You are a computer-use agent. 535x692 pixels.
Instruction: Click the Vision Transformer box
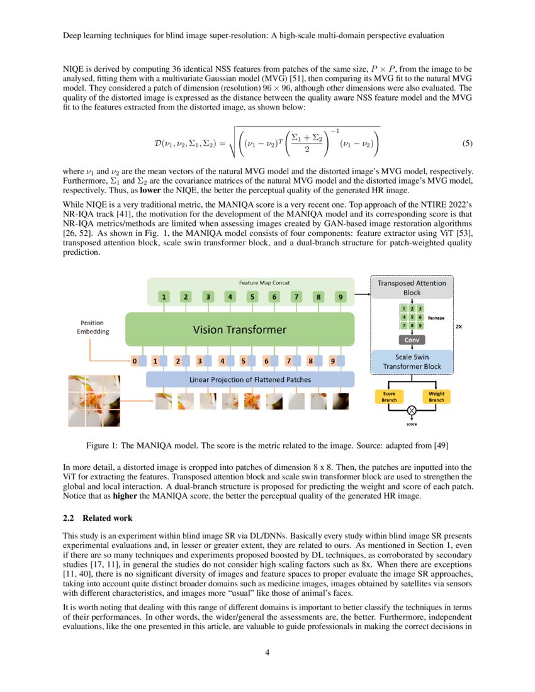tap(239, 330)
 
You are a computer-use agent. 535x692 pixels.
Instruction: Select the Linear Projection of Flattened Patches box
tap(250, 379)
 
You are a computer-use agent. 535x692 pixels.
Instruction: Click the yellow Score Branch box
tap(390, 396)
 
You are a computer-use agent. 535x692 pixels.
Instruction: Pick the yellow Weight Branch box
tap(436, 396)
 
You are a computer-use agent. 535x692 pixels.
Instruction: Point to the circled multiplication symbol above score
tap(412, 410)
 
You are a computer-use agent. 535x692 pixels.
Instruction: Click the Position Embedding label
tap(93, 327)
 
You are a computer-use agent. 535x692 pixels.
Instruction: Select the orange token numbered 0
tap(134, 362)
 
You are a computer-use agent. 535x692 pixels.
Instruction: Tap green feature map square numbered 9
tap(341, 296)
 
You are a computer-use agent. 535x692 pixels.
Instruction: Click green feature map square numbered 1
tap(164, 296)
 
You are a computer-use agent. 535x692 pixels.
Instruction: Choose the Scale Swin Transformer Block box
tap(412, 361)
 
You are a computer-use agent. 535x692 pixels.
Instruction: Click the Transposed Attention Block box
tap(412, 288)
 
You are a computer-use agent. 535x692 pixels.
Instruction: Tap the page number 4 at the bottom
tap(267, 652)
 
